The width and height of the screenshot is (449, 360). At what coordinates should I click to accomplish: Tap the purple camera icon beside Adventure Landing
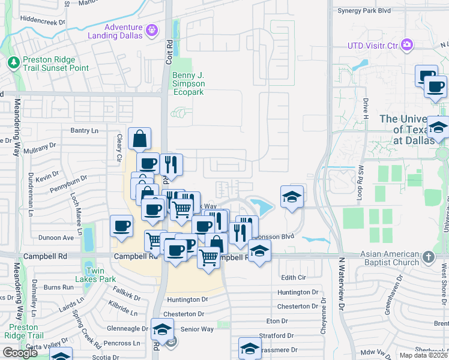152,28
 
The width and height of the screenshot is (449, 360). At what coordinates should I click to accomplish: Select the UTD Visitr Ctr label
373,45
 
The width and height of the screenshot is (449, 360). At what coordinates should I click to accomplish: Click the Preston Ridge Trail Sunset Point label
56,64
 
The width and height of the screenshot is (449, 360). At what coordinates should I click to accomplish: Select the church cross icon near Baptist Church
427,257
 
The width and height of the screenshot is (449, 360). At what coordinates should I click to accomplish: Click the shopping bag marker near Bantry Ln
139,139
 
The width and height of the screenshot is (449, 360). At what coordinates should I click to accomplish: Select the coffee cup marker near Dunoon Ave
121,227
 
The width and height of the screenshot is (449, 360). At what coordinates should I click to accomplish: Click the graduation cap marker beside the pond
292,197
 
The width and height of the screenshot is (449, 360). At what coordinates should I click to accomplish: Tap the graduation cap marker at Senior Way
162,329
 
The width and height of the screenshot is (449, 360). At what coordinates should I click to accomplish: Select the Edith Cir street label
294,278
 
